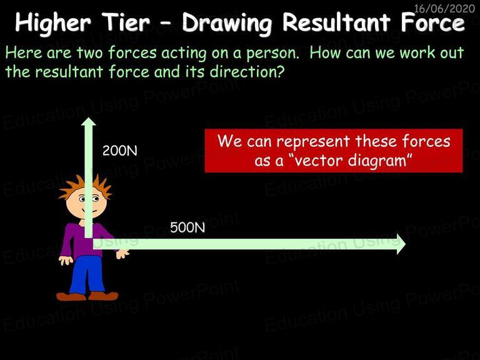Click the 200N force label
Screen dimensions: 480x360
[x=120, y=151]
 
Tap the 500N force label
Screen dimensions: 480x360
[x=187, y=227]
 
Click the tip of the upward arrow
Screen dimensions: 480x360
[x=89, y=118]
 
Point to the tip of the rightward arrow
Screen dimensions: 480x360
[x=405, y=244]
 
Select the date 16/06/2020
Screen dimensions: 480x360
[x=444, y=8]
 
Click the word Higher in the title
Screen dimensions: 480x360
[x=53, y=23]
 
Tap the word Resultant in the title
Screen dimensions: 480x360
[x=336, y=22]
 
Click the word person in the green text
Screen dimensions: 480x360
[x=272, y=53]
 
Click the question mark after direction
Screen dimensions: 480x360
[x=279, y=72]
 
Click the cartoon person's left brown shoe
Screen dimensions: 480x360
[x=71, y=296]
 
